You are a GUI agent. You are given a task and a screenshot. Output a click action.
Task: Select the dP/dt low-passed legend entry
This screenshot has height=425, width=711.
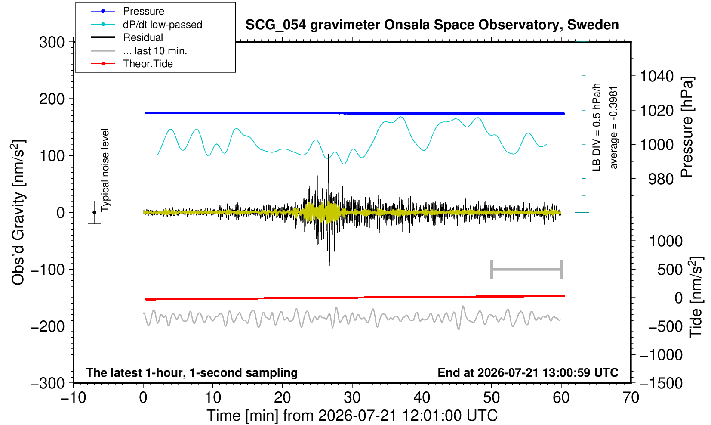point(146,25)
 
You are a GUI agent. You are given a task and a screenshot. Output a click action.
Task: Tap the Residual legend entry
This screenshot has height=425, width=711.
point(127,37)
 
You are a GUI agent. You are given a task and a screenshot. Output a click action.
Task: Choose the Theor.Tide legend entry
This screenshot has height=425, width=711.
point(132,64)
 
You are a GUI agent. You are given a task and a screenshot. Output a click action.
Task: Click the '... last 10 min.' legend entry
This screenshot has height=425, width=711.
point(139,50)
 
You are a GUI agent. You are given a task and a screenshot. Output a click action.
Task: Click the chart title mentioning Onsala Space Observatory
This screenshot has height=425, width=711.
point(432,25)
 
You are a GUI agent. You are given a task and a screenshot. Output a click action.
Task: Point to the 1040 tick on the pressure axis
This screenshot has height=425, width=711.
point(657,76)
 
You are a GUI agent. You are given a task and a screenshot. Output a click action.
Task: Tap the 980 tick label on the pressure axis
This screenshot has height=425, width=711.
point(661,179)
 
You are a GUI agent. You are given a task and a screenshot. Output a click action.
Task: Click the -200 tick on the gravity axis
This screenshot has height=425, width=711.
point(48,326)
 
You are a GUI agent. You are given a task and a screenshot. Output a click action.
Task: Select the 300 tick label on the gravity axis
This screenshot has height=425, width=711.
point(52,42)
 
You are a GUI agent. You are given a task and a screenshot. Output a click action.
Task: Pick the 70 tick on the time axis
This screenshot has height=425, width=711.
point(631,397)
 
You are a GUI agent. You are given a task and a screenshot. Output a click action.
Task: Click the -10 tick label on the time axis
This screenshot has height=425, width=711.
point(73,397)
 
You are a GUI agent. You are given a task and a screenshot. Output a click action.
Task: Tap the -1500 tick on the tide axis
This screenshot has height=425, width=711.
point(661,383)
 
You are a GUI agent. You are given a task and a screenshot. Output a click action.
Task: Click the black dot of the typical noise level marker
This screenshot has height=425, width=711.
point(94,212)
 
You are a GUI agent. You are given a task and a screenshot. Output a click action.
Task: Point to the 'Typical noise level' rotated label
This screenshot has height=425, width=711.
point(105,170)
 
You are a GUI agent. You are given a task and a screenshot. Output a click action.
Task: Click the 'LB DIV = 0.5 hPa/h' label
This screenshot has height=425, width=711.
point(597,127)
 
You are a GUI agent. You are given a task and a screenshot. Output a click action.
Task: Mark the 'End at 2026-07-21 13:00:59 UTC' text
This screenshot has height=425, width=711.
point(528,372)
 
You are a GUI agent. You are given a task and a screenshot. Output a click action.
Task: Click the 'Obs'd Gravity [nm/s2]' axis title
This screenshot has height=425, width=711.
point(18,212)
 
